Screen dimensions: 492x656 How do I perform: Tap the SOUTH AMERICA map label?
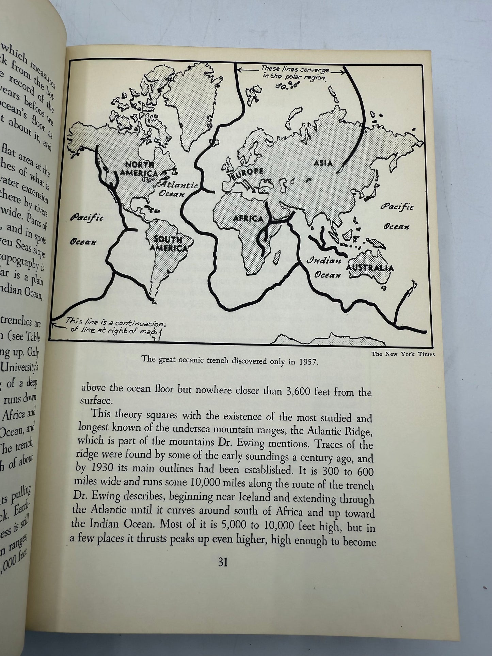(x=169, y=243)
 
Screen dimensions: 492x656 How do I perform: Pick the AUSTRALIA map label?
(x=370, y=268)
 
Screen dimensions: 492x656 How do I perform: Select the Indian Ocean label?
(x=324, y=268)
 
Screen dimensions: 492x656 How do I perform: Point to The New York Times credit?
(x=403, y=354)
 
